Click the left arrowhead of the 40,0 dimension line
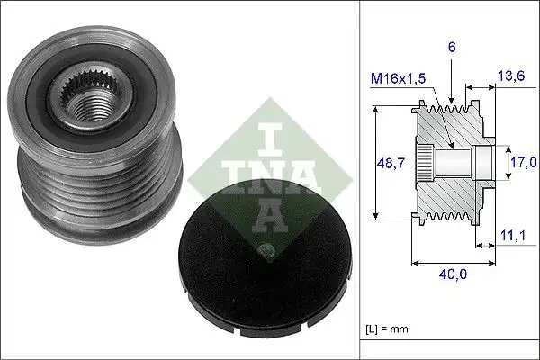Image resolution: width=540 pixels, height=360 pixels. pos(414,265)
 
